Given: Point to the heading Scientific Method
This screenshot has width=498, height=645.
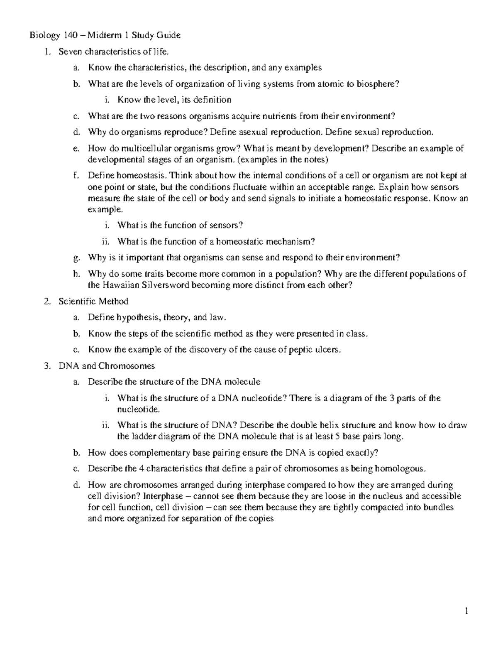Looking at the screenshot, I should pyautogui.click(x=93, y=302).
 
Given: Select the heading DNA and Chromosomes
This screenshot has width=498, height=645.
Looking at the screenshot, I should pyautogui.click(x=107, y=366).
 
